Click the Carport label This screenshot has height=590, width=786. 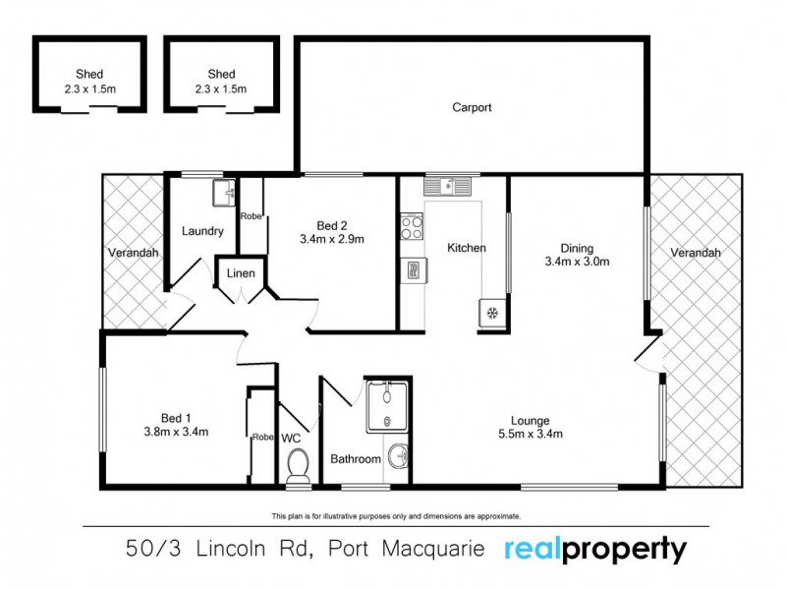click(x=472, y=107)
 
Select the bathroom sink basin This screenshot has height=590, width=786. click(x=397, y=456)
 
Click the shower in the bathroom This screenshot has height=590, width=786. click(x=386, y=406)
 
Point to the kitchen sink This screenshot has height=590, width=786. click(x=448, y=184)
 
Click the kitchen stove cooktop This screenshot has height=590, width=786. click(x=411, y=228)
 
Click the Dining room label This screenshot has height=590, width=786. click(x=578, y=248)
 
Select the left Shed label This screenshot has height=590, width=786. click(x=89, y=74)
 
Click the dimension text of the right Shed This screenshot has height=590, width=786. click(x=222, y=88)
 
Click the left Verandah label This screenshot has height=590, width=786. click(x=133, y=253)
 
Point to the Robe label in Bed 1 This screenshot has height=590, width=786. click(x=261, y=437)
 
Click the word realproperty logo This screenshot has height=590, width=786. click(x=595, y=549)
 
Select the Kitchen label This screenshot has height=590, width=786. click(x=466, y=248)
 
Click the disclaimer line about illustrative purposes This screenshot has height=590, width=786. click(x=395, y=515)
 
